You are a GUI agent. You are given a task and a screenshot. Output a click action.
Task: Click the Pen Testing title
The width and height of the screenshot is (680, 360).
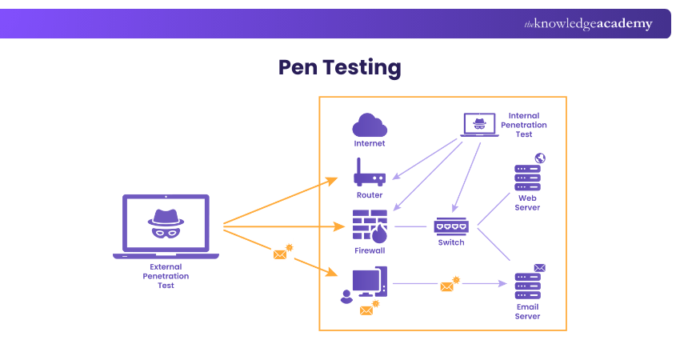pyautogui.click(x=339, y=67)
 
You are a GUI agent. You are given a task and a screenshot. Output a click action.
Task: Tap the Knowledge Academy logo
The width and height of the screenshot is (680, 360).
pyautogui.click(x=588, y=24)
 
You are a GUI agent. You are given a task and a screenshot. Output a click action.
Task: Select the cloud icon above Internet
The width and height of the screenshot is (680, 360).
pyautogui.click(x=370, y=126)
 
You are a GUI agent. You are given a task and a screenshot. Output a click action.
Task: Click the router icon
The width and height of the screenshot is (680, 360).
pyautogui.click(x=370, y=174)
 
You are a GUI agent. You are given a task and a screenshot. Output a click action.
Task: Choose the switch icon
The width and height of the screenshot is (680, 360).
pyautogui.click(x=451, y=226)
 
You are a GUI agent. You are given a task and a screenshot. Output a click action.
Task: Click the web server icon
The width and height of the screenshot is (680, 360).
pyautogui.click(x=527, y=175)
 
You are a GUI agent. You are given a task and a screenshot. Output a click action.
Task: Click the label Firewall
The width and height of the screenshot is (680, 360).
pyautogui.click(x=370, y=250)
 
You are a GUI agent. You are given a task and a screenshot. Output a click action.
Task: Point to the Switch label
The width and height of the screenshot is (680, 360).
pyautogui.click(x=451, y=242)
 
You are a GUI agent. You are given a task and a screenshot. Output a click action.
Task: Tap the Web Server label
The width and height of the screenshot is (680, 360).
pyautogui.click(x=528, y=202)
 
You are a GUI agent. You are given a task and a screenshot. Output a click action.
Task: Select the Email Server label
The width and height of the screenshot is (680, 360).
pyautogui.click(x=527, y=311)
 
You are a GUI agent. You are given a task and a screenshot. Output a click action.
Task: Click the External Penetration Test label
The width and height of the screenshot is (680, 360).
pyautogui.click(x=166, y=276)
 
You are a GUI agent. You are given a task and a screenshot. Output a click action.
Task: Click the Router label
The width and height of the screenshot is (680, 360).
pyautogui.click(x=370, y=195)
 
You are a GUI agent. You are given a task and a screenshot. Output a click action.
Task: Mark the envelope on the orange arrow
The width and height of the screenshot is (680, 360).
pyautogui.click(x=280, y=254)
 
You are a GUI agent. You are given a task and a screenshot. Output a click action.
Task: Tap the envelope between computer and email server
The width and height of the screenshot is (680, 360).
pyautogui.click(x=447, y=286)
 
